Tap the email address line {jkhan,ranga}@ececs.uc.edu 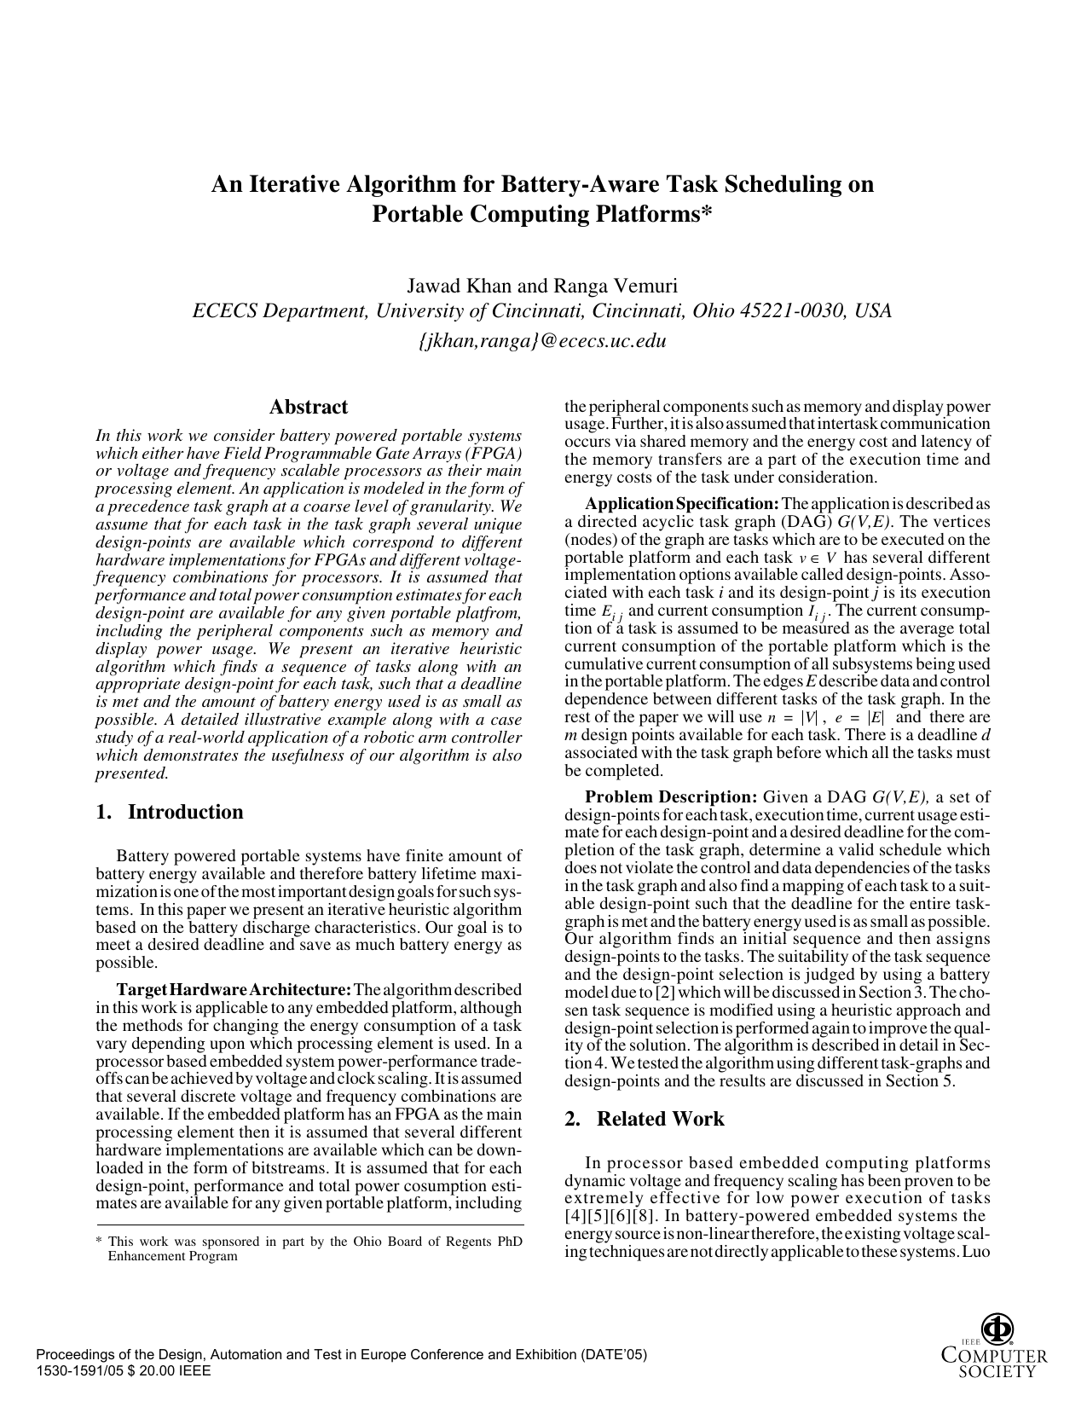(542, 341)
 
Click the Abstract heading (308, 407)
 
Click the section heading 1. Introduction (170, 812)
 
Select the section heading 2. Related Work (645, 1119)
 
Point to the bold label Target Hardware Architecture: (234, 990)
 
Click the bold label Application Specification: (681, 503)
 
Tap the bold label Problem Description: (671, 797)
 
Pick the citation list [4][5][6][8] (611, 1216)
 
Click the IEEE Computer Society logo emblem (997, 1329)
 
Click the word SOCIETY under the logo (997, 1372)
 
